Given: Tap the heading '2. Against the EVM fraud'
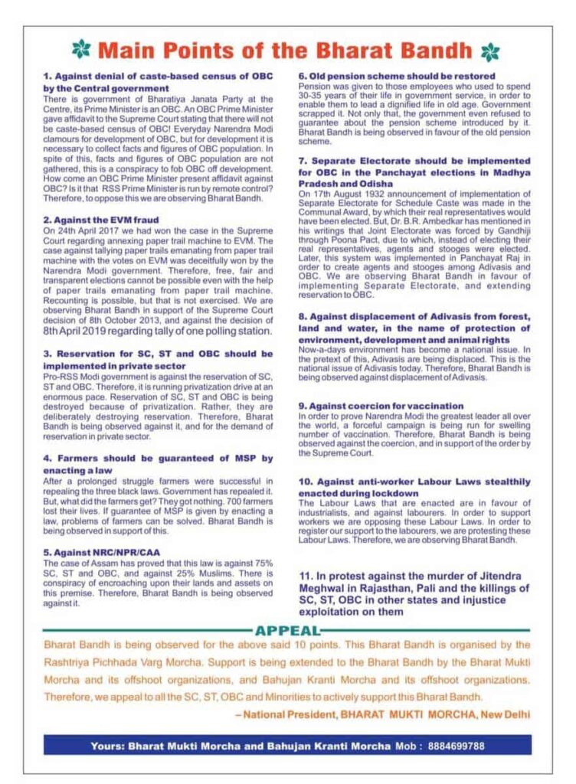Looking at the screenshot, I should (101, 219).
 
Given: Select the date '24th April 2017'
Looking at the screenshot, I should (89, 229).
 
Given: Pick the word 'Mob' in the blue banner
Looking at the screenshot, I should (405, 744).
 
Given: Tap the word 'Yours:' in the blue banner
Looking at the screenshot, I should (106, 744).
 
